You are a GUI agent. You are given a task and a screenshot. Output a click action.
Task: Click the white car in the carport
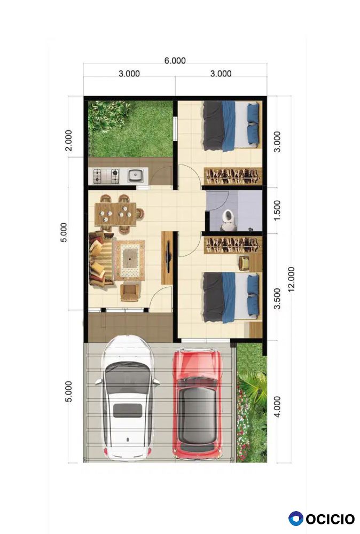[128, 398]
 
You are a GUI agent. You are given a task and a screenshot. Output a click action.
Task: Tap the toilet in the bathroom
[228, 220]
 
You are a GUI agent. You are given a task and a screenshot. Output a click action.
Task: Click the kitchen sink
[135, 176]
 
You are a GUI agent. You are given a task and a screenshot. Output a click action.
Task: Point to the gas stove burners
[106, 176]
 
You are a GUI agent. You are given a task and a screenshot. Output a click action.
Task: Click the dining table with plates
[115, 214]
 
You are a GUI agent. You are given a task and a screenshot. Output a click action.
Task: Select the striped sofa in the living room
[100, 258]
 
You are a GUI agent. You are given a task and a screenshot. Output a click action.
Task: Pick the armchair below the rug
[130, 292]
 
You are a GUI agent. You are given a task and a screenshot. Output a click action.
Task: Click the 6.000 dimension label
[175, 61]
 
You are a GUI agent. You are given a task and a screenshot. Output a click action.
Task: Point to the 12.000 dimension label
[291, 279]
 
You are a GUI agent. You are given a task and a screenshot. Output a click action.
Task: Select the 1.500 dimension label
[277, 210]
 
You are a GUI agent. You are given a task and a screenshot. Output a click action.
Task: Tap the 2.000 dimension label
[68, 140]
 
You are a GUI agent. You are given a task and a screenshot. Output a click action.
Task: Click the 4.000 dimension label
[277, 406]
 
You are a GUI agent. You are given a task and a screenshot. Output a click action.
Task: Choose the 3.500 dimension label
[277, 299]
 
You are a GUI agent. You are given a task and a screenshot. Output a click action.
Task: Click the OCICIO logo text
[330, 520]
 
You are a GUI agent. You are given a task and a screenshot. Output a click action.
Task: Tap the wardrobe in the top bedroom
[233, 176]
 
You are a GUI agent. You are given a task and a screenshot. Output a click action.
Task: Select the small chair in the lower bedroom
[244, 263]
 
